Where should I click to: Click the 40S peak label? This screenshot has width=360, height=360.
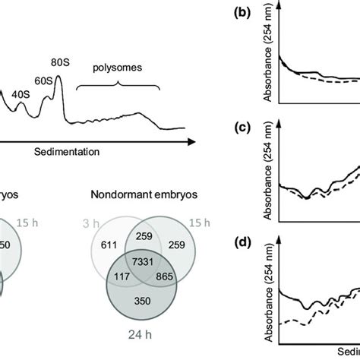(21, 94)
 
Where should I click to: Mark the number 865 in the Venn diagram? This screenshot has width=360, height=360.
(173, 279)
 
